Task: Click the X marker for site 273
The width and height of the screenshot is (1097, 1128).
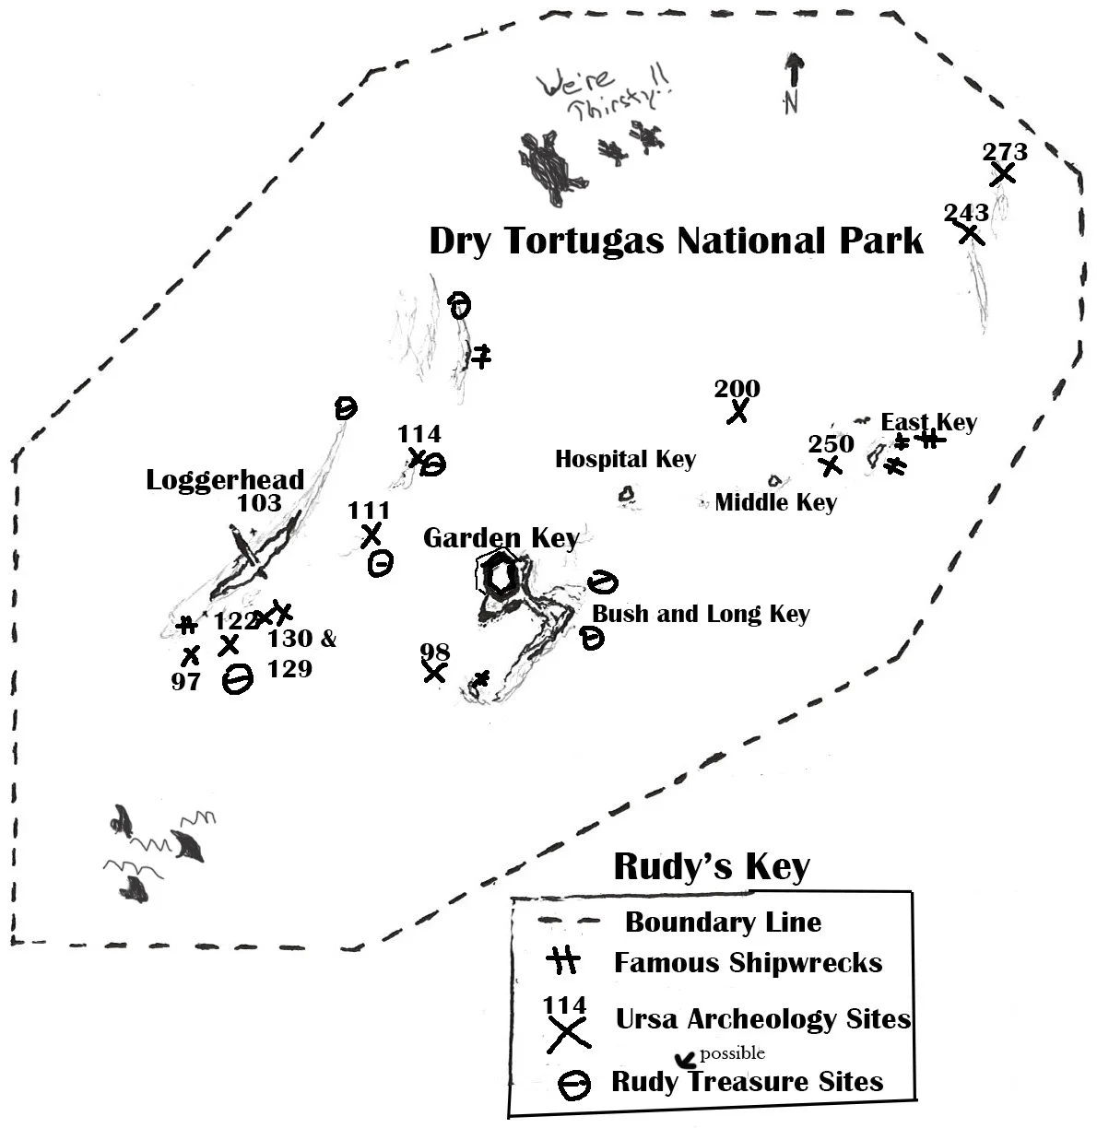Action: pos(1003,172)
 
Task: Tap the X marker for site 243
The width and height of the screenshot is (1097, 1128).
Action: pos(971,233)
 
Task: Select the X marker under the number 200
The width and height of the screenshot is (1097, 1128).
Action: pos(737,411)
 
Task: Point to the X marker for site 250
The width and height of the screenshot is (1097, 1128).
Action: pos(831,465)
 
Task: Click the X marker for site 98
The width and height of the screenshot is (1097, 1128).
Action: pos(434,673)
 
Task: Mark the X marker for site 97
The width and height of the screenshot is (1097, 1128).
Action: pos(191,656)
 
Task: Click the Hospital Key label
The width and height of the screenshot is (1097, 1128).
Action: pos(625,459)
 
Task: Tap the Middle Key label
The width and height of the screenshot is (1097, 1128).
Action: pos(775,502)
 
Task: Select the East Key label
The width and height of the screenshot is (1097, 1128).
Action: pos(928,422)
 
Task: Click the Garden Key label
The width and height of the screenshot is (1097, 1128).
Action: pos(501,538)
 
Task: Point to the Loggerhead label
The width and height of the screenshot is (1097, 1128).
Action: pos(225,480)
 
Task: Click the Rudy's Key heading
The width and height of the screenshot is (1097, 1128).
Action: pos(711,866)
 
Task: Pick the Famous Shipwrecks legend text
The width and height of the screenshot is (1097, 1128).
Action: pos(748,963)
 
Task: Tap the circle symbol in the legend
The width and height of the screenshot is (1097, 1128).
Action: pos(573,1085)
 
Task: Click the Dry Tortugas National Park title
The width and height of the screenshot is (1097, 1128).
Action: pos(676,241)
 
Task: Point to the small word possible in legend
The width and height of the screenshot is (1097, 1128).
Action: pos(732,1053)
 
